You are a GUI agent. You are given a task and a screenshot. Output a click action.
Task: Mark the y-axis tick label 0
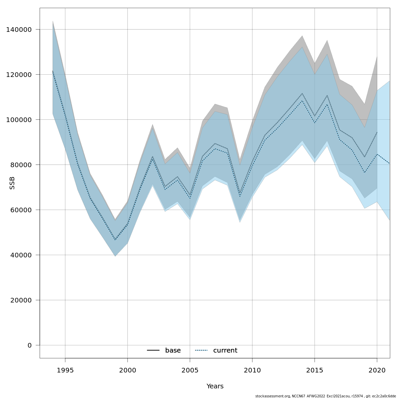30,345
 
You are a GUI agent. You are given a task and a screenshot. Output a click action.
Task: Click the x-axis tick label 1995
65,370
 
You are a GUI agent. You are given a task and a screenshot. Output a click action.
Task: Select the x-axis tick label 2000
127,370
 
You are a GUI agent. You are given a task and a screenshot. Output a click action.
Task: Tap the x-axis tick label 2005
190,370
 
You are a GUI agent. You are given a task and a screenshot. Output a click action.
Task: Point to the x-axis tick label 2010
252,370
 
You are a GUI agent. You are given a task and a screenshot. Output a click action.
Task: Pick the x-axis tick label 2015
314,370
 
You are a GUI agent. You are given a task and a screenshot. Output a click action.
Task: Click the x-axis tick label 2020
377,370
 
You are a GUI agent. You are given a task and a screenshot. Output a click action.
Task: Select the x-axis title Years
215,386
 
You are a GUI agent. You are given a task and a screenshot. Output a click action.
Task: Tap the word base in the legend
173,351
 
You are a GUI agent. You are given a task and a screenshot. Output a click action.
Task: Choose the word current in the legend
225,351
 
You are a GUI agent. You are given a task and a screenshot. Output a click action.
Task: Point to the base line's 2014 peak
302,94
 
